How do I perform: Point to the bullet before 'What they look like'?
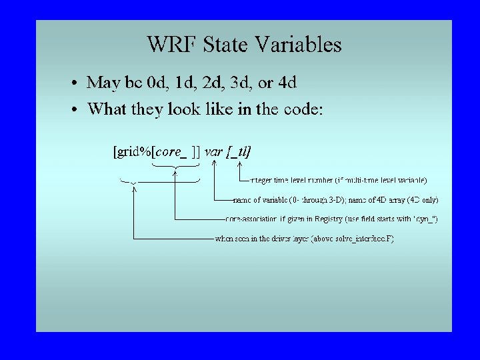(x=77, y=109)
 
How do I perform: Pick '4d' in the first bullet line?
(x=287, y=83)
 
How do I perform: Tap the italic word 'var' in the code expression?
(x=213, y=151)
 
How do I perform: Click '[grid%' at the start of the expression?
(x=133, y=151)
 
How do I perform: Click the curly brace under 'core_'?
(x=175, y=167)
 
